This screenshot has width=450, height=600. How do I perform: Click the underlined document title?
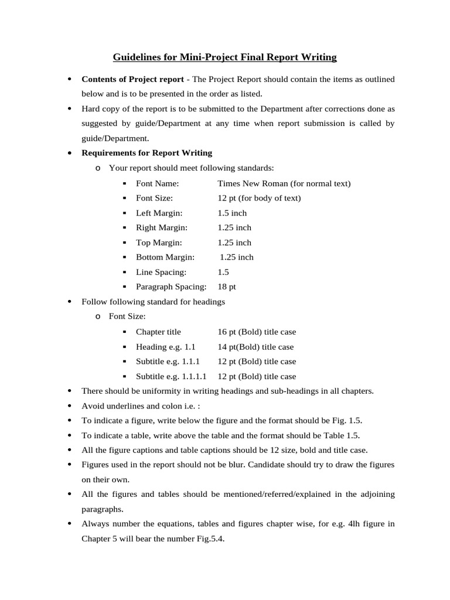(224, 57)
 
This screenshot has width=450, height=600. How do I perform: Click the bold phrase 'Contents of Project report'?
(132, 79)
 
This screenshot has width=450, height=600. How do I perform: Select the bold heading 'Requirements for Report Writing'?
(146, 153)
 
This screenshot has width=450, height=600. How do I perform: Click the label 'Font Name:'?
(155, 183)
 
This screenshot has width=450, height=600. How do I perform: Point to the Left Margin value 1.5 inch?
(232, 213)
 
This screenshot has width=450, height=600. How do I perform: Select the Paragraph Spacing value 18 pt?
(227, 287)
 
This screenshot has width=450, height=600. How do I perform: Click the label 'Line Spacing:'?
(161, 272)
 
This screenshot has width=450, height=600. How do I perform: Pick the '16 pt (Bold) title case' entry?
(257, 332)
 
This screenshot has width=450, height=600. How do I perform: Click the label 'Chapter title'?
(158, 332)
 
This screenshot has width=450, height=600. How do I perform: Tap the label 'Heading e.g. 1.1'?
(165, 347)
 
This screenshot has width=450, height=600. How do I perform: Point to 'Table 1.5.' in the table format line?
(340, 435)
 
